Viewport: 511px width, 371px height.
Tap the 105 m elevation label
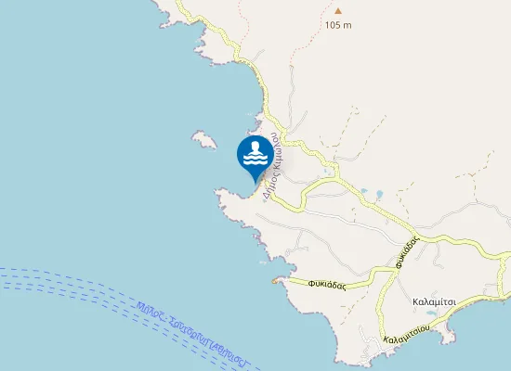(x=338, y=25)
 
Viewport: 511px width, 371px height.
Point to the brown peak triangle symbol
(x=338, y=12)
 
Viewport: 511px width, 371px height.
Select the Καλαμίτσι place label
(x=433, y=302)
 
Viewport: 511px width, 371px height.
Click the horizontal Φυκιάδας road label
(x=327, y=286)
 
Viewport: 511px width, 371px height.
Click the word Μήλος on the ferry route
(x=149, y=313)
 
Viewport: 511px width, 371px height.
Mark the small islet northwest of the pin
(x=203, y=139)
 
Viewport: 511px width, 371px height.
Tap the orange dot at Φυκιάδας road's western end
(x=273, y=280)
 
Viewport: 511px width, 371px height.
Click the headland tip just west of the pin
(x=218, y=192)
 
